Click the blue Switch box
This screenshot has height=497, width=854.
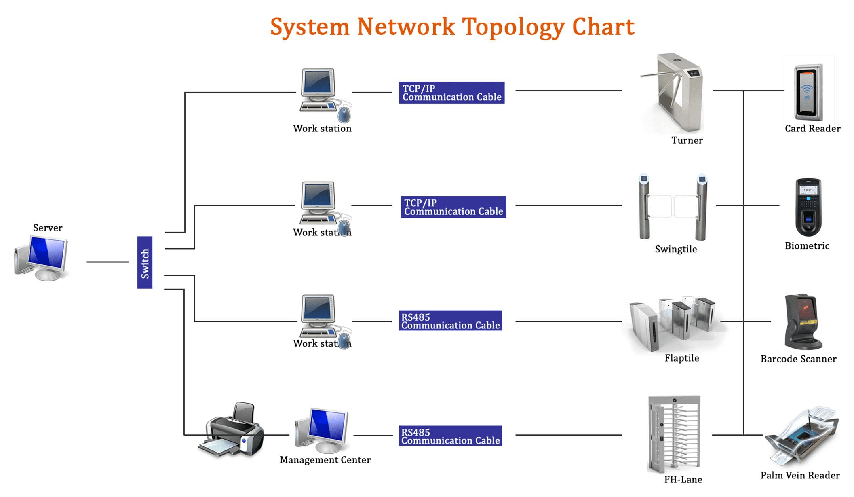[145, 262]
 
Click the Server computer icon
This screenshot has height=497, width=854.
[42, 258]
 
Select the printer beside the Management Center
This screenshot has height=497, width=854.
[232, 431]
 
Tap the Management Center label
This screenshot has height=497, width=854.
[325, 460]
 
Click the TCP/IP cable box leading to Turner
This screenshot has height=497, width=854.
[451, 93]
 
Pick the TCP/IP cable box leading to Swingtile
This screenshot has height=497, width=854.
[453, 207]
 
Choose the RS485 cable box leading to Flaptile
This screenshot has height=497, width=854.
[450, 321]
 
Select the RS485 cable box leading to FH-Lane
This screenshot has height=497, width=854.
[450, 436]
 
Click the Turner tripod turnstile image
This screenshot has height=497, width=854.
[675, 93]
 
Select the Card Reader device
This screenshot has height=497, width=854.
[808, 92]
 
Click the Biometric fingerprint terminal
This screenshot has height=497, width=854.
[808, 207]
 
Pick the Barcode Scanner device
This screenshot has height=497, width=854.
[802, 322]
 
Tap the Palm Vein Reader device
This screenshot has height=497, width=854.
[802, 437]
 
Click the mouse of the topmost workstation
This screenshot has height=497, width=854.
[344, 114]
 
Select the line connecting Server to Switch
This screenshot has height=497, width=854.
[107, 262]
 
